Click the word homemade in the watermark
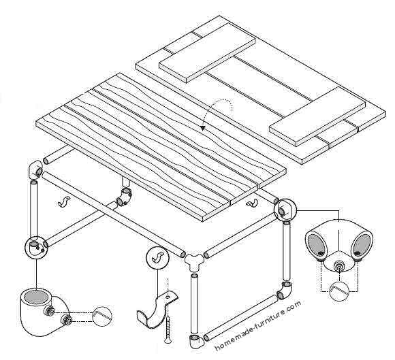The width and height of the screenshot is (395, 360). [236, 338]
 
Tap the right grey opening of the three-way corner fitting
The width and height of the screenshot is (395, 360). [362, 242]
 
